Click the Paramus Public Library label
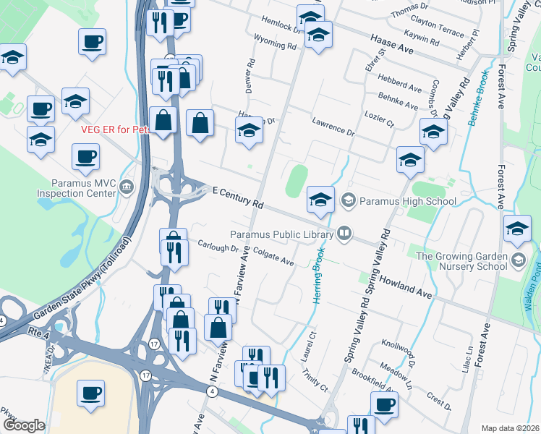(x=281, y=234)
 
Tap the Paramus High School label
(x=408, y=201)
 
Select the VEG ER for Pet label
(x=115, y=129)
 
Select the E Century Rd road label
(x=237, y=196)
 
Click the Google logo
(x=24, y=425)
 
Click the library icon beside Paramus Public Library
(x=344, y=233)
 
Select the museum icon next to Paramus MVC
(x=128, y=187)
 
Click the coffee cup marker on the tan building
(x=91, y=393)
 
